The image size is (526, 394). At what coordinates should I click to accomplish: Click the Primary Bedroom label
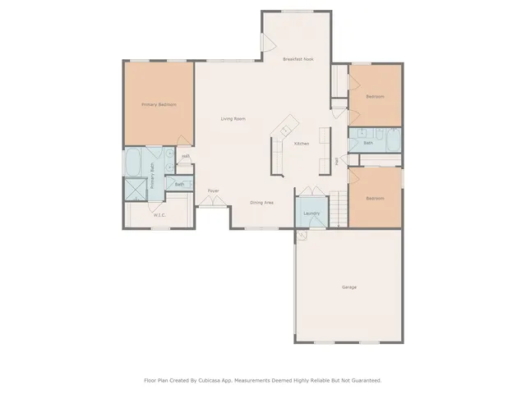click(159, 104)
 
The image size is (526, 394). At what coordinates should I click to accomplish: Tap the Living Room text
click(233, 119)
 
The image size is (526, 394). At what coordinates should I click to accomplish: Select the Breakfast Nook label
click(298, 59)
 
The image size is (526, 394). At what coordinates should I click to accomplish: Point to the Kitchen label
click(302, 144)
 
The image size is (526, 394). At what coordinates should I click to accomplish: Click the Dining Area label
click(261, 202)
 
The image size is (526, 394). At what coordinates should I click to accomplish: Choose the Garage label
click(349, 287)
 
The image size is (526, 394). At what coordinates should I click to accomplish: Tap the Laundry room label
click(311, 213)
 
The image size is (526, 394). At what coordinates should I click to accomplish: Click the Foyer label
click(213, 190)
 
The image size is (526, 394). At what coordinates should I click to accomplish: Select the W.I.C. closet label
click(159, 215)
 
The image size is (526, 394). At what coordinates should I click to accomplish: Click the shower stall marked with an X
click(133, 190)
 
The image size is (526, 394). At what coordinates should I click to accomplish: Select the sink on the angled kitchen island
click(286, 129)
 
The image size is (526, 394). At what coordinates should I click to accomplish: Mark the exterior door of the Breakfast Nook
click(266, 44)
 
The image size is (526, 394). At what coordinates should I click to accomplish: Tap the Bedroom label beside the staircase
click(375, 198)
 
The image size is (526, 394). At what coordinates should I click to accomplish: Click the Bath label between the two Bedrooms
click(368, 143)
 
